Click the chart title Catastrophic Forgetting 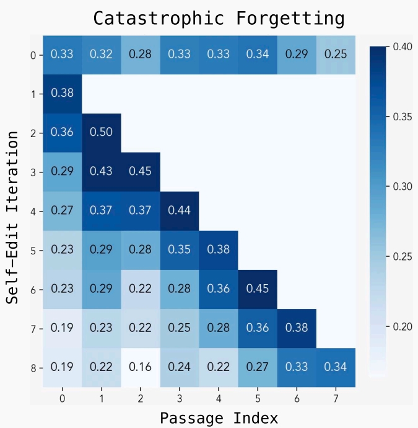pos(219,19)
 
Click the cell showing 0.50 pos(102,133)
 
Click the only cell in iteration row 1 pos(62,94)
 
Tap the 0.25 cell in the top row pos(336,55)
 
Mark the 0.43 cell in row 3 pos(102,172)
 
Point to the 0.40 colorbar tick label pos(400,47)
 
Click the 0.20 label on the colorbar pos(400,326)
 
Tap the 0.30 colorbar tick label pos(400,187)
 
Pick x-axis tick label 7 pos(336,396)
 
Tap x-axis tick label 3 pos(180,396)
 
